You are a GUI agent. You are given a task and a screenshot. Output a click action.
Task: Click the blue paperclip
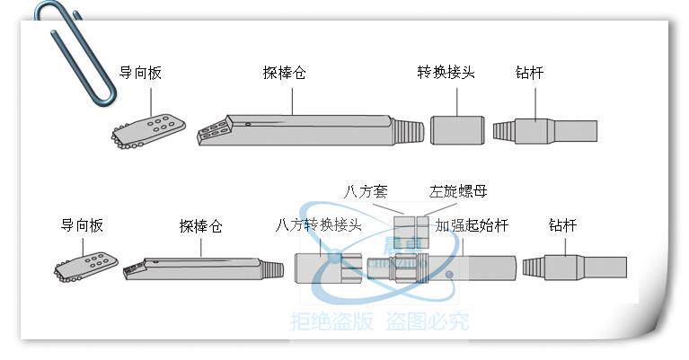(x=76, y=49)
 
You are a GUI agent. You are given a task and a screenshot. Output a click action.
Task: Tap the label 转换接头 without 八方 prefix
(x=446, y=73)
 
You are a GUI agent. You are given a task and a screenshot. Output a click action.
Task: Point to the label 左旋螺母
(x=459, y=191)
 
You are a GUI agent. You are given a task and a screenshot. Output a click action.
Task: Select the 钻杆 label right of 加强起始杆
(x=562, y=225)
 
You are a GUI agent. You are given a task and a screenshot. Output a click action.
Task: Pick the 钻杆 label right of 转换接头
(x=530, y=73)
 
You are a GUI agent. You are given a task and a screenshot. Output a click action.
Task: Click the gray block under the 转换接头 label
(x=457, y=129)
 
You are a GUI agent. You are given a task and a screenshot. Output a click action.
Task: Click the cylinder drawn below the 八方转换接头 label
(x=329, y=268)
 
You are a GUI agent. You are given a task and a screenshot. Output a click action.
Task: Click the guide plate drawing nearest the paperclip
(x=149, y=131)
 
